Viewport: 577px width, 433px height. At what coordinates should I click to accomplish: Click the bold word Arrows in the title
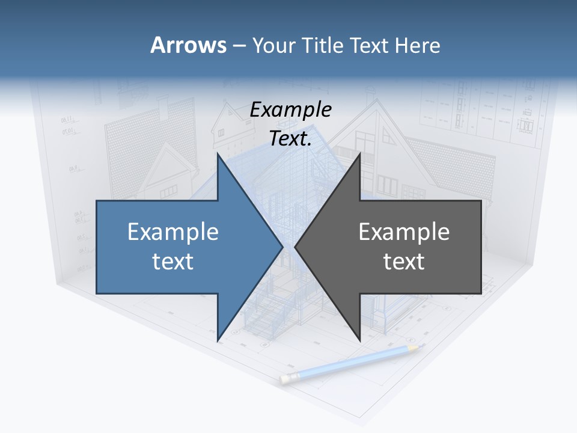(x=188, y=45)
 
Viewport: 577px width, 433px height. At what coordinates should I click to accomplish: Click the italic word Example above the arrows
(x=290, y=109)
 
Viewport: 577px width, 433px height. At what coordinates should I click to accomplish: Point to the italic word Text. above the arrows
(x=290, y=139)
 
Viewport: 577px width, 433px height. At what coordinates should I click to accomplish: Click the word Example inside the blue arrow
(x=173, y=232)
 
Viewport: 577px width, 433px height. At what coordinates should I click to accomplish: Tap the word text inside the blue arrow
(x=173, y=262)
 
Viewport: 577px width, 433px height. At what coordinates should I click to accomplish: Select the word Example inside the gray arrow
(x=404, y=232)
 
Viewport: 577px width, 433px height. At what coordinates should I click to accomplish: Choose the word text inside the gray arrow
(x=404, y=262)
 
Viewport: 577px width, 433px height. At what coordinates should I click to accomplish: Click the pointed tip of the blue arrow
(x=282, y=247)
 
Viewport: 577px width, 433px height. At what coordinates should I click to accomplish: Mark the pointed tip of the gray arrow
(x=295, y=247)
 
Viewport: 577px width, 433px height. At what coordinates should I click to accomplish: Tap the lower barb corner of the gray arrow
(x=359, y=339)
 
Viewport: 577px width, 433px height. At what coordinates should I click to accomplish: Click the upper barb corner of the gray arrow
(x=359, y=154)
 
